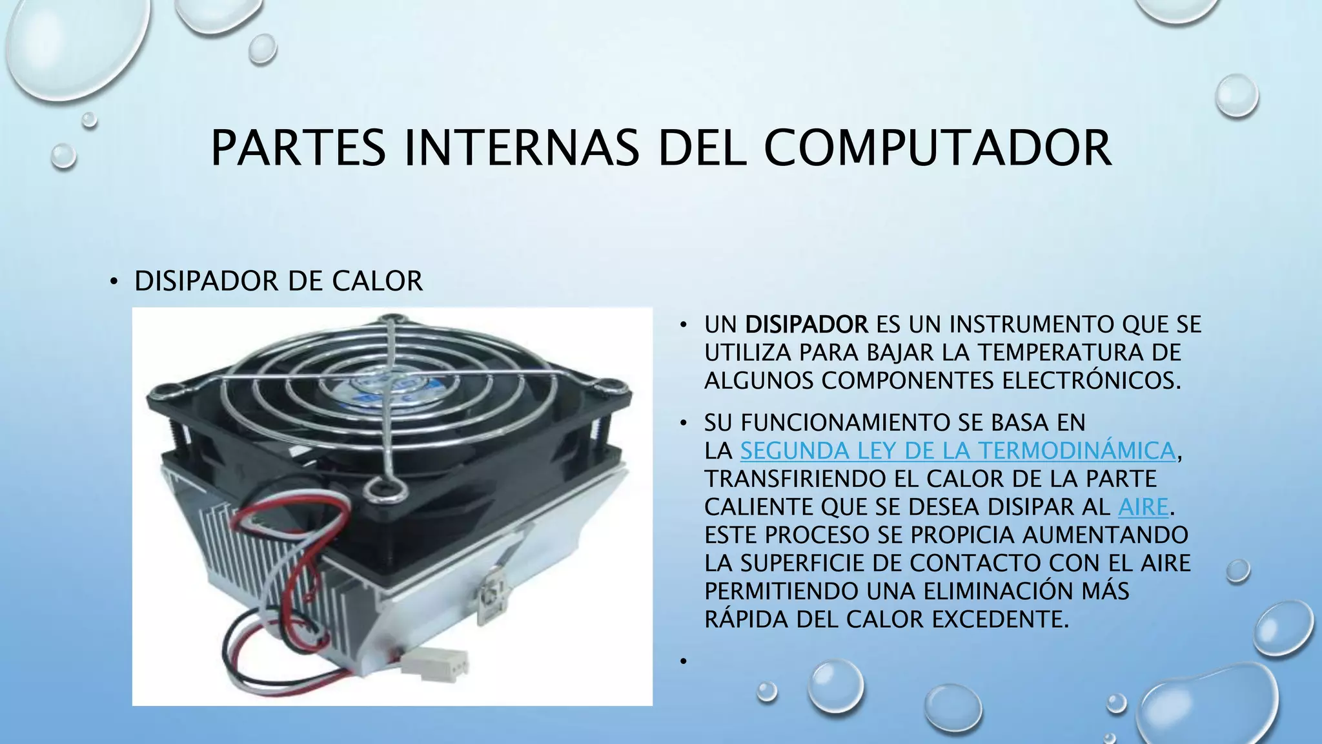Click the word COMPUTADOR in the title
937,148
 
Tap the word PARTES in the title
298,148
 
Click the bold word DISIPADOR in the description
806,324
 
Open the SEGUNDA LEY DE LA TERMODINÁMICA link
957,451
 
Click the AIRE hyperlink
1143,507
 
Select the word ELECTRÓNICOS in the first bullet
1091,381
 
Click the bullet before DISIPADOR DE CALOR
114,282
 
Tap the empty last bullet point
682,661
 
